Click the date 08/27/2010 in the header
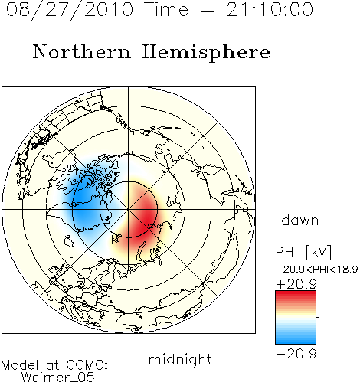coord(70,10)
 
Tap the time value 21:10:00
coord(270,9)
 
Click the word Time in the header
coord(166,9)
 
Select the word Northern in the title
coord(82,51)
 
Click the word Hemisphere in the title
coord(206,53)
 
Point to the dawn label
coord(300,220)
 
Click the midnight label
coord(180,360)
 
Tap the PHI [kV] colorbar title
coord(303,252)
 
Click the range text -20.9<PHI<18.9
coord(316,270)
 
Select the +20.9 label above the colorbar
coord(296,284)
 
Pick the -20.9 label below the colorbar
coord(296,354)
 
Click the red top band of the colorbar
coord(296,295)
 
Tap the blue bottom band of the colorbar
coord(296,340)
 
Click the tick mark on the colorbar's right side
coord(318,317)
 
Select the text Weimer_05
coord(57,378)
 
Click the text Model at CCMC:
coord(54,365)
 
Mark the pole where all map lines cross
coord(129,210)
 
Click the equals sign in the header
coord(208,10)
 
